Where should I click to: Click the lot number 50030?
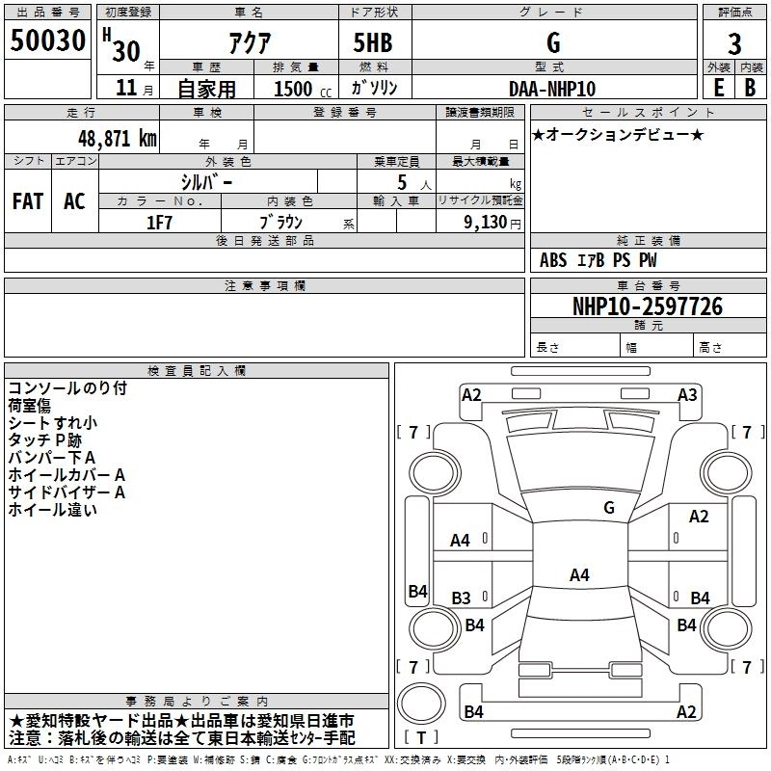[x=47, y=40]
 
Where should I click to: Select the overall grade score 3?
[x=734, y=44]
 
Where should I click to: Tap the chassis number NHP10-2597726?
[x=648, y=306]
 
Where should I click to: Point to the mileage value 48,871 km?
[x=118, y=139]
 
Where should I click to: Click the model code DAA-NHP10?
[x=552, y=89]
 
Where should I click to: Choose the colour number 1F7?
[x=159, y=223]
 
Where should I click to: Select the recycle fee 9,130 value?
[x=486, y=222]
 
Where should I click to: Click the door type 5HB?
[x=373, y=42]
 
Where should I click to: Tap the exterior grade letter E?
[x=719, y=88]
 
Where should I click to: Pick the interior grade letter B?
[x=750, y=88]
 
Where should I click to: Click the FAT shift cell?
[x=28, y=201]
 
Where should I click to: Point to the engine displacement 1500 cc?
[x=302, y=89]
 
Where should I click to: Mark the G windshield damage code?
[x=609, y=507]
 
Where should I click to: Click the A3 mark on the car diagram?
[x=687, y=395]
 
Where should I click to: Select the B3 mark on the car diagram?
[x=461, y=598]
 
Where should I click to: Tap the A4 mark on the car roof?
[x=579, y=574]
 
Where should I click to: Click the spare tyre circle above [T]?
[x=421, y=704]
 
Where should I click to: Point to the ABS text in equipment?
[x=553, y=260]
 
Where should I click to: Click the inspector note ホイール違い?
[x=53, y=510]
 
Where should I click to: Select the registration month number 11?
[x=126, y=88]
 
